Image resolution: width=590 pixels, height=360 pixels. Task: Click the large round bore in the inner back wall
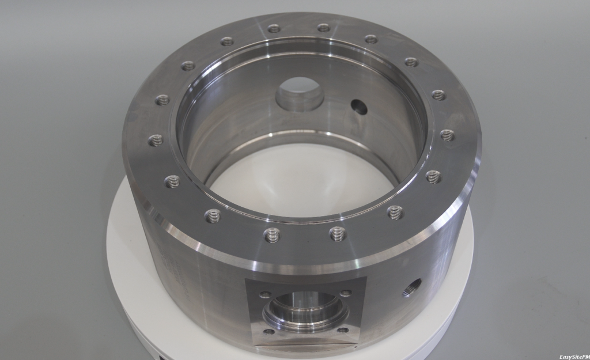299,94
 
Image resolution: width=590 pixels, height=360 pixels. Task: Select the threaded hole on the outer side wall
412,287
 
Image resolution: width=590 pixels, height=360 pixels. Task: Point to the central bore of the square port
305,311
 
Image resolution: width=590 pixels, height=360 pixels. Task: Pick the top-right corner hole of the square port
346,293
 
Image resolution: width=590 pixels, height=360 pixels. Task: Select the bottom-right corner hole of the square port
342,330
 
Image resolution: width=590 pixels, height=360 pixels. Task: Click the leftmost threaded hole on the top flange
156,140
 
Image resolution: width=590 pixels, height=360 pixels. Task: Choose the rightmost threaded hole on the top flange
448,135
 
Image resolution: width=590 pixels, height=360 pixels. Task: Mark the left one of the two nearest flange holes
272,234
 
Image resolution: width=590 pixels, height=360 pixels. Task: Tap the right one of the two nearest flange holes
338,233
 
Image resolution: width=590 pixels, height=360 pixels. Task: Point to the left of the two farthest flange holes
274,28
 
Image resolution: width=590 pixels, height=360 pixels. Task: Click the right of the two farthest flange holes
324,28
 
